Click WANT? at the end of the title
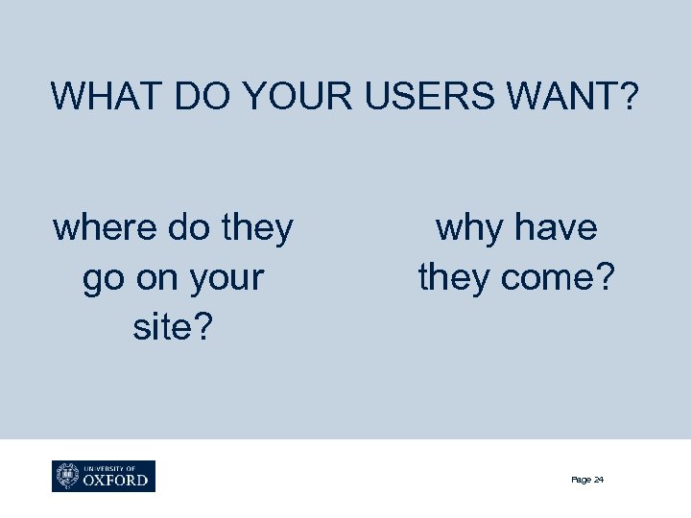pos(576,97)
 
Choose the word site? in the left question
pos(173,328)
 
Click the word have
pos(556,228)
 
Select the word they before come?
pos(454,278)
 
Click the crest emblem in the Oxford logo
pos(68,476)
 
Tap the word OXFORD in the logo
pos(116,480)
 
